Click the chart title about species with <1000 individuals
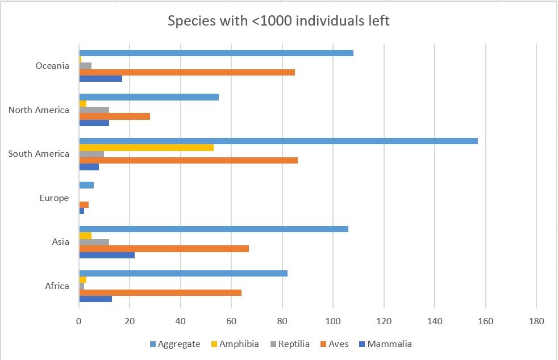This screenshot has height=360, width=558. pyautogui.click(x=278, y=22)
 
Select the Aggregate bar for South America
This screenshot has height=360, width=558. pyautogui.click(x=278, y=141)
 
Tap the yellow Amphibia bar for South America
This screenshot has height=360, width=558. pyautogui.click(x=146, y=148)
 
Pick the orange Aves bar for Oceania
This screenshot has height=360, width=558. pyautogui.click(x=187, y=72)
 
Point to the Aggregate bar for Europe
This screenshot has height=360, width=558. pyautogui.click(x=86, y=185)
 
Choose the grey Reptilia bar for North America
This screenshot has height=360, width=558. pyautogui.click(x=94, y=110)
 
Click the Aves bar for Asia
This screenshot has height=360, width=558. pyautogui.click(x=164, y=248)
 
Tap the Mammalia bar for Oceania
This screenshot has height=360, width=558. pyautogui.click(x=101, y=78)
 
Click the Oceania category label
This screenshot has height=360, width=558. pyautogui.click(x=52, y=66)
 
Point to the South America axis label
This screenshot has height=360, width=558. pyautogui.click(x=39, y=154)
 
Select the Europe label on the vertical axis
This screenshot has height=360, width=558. pyautogui.click(x=54, y=198)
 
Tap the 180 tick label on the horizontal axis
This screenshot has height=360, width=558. pyautogui.click(x=536, y=321)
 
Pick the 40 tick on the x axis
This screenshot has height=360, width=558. pyautogui.click(x=181, y=321)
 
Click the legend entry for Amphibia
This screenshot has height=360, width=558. pyautogui.click(x=235, y=344)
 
